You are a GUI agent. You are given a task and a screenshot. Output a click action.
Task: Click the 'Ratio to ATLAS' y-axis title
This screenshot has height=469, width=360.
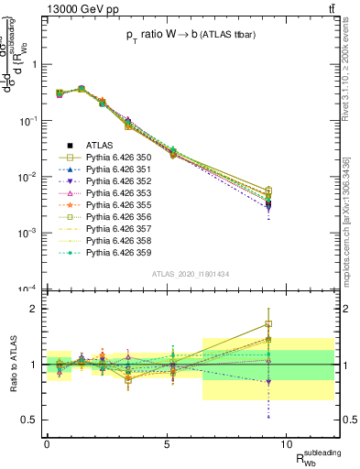point(12,365)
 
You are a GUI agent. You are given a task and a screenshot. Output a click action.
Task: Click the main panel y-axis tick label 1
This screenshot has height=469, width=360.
point(36,65)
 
